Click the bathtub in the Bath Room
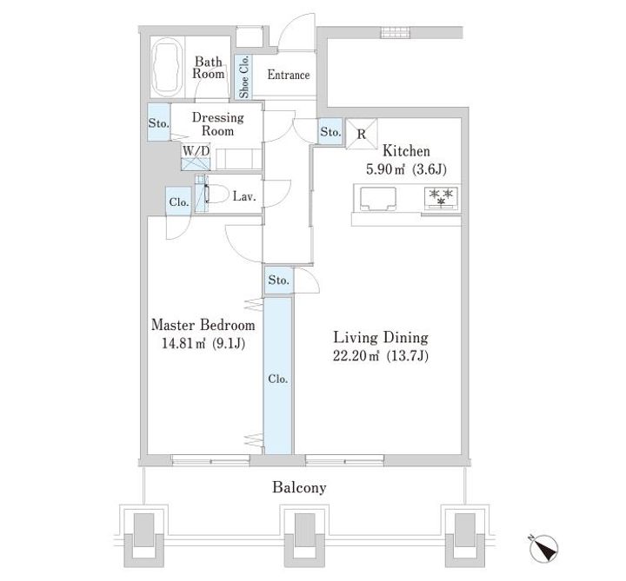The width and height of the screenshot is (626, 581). tap(168, 67)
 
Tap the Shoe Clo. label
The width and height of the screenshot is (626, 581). tap(244, 76)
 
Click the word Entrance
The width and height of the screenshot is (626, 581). tap(289, 75)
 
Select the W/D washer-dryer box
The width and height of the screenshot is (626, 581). tap(196, 157)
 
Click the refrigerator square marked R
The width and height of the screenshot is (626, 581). tap(362, 134)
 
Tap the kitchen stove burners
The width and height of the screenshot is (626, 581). tap(442, 198)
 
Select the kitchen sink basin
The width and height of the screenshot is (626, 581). tap(378, 198)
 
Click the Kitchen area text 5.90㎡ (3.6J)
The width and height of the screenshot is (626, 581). tap(406, 170)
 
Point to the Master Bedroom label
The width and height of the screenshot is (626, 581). tap(203, 325)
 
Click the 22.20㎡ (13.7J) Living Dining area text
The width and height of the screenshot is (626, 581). tap(381, 355)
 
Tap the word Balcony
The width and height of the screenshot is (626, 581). tap(299, 488)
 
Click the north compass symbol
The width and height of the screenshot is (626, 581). tap(543, 549)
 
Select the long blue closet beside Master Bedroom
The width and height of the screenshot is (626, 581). tap(278, 376)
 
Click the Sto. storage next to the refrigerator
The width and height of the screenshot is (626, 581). tap(330, 131)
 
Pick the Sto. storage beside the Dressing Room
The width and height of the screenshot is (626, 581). tap(158, 122)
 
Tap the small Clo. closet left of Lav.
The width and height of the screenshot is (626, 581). tap(178, 201)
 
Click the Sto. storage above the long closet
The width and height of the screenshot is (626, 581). tap(278, 281)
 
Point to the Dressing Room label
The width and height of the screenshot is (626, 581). tap(217, 123)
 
